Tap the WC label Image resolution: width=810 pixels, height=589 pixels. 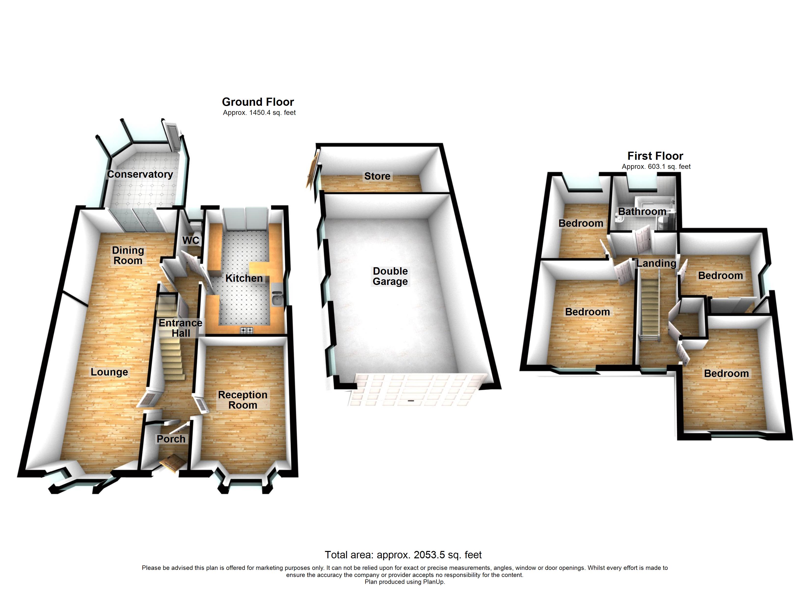191,241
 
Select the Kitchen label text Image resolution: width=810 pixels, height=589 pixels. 244,278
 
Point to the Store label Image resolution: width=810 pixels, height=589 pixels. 377,176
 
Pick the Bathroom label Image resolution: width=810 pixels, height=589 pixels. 642,212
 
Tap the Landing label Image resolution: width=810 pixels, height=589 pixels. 656,264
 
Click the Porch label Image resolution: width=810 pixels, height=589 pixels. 171,439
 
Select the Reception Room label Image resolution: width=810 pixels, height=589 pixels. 243,400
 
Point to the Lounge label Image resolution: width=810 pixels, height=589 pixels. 109,372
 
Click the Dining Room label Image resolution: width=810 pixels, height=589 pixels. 128,255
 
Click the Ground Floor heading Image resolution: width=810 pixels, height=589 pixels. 258,102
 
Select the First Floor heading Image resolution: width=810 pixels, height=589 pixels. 655,156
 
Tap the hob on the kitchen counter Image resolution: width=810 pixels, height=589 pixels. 246,330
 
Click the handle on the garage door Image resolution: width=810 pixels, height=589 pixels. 411,401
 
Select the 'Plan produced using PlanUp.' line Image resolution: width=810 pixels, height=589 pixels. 405,582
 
